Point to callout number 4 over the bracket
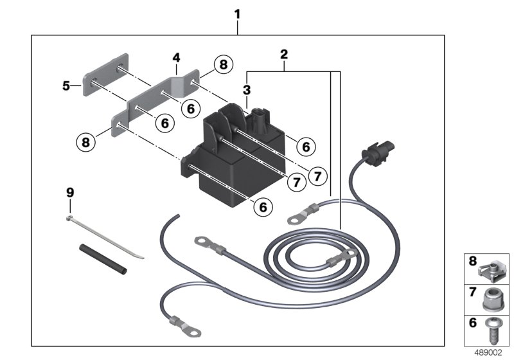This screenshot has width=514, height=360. [x=175, y=59]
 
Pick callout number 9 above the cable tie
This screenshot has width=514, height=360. [x=70, y=192]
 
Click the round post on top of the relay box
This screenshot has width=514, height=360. [x=260, y=114]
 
